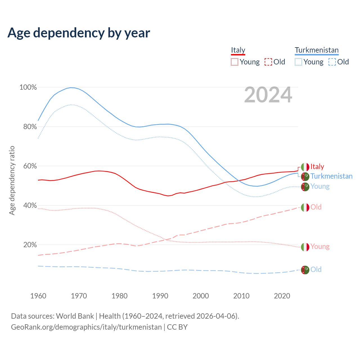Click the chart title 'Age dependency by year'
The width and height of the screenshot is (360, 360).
pos(79,33)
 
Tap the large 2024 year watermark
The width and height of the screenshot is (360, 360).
pos(268,95)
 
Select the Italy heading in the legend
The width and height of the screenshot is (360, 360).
pos(238,50)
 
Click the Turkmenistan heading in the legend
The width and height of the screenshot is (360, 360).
pos(316,50)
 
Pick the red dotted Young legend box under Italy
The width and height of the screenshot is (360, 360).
pos(235,62)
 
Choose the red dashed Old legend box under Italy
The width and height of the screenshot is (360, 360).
pos(268,62)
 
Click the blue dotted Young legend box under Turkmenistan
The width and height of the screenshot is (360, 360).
pos(298,62)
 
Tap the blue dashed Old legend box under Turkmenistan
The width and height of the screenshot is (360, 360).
pos(332,62)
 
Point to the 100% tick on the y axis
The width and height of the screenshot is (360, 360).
pos(28,87)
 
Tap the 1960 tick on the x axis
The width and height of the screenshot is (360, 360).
pos(38,296)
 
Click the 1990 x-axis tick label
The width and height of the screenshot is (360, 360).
pos(160,296)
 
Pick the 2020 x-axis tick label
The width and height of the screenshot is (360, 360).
pos(282,296)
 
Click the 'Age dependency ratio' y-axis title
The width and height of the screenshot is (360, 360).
pos(12,180)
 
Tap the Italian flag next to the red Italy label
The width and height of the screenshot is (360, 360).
pos(305,167)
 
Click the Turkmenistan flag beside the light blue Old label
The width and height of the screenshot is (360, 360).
pos(305,270)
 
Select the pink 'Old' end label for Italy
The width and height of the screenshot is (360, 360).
pos(316,207)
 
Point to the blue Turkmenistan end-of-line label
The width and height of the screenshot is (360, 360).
pos(331,176)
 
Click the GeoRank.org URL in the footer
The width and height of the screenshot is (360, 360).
pos(86,327)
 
